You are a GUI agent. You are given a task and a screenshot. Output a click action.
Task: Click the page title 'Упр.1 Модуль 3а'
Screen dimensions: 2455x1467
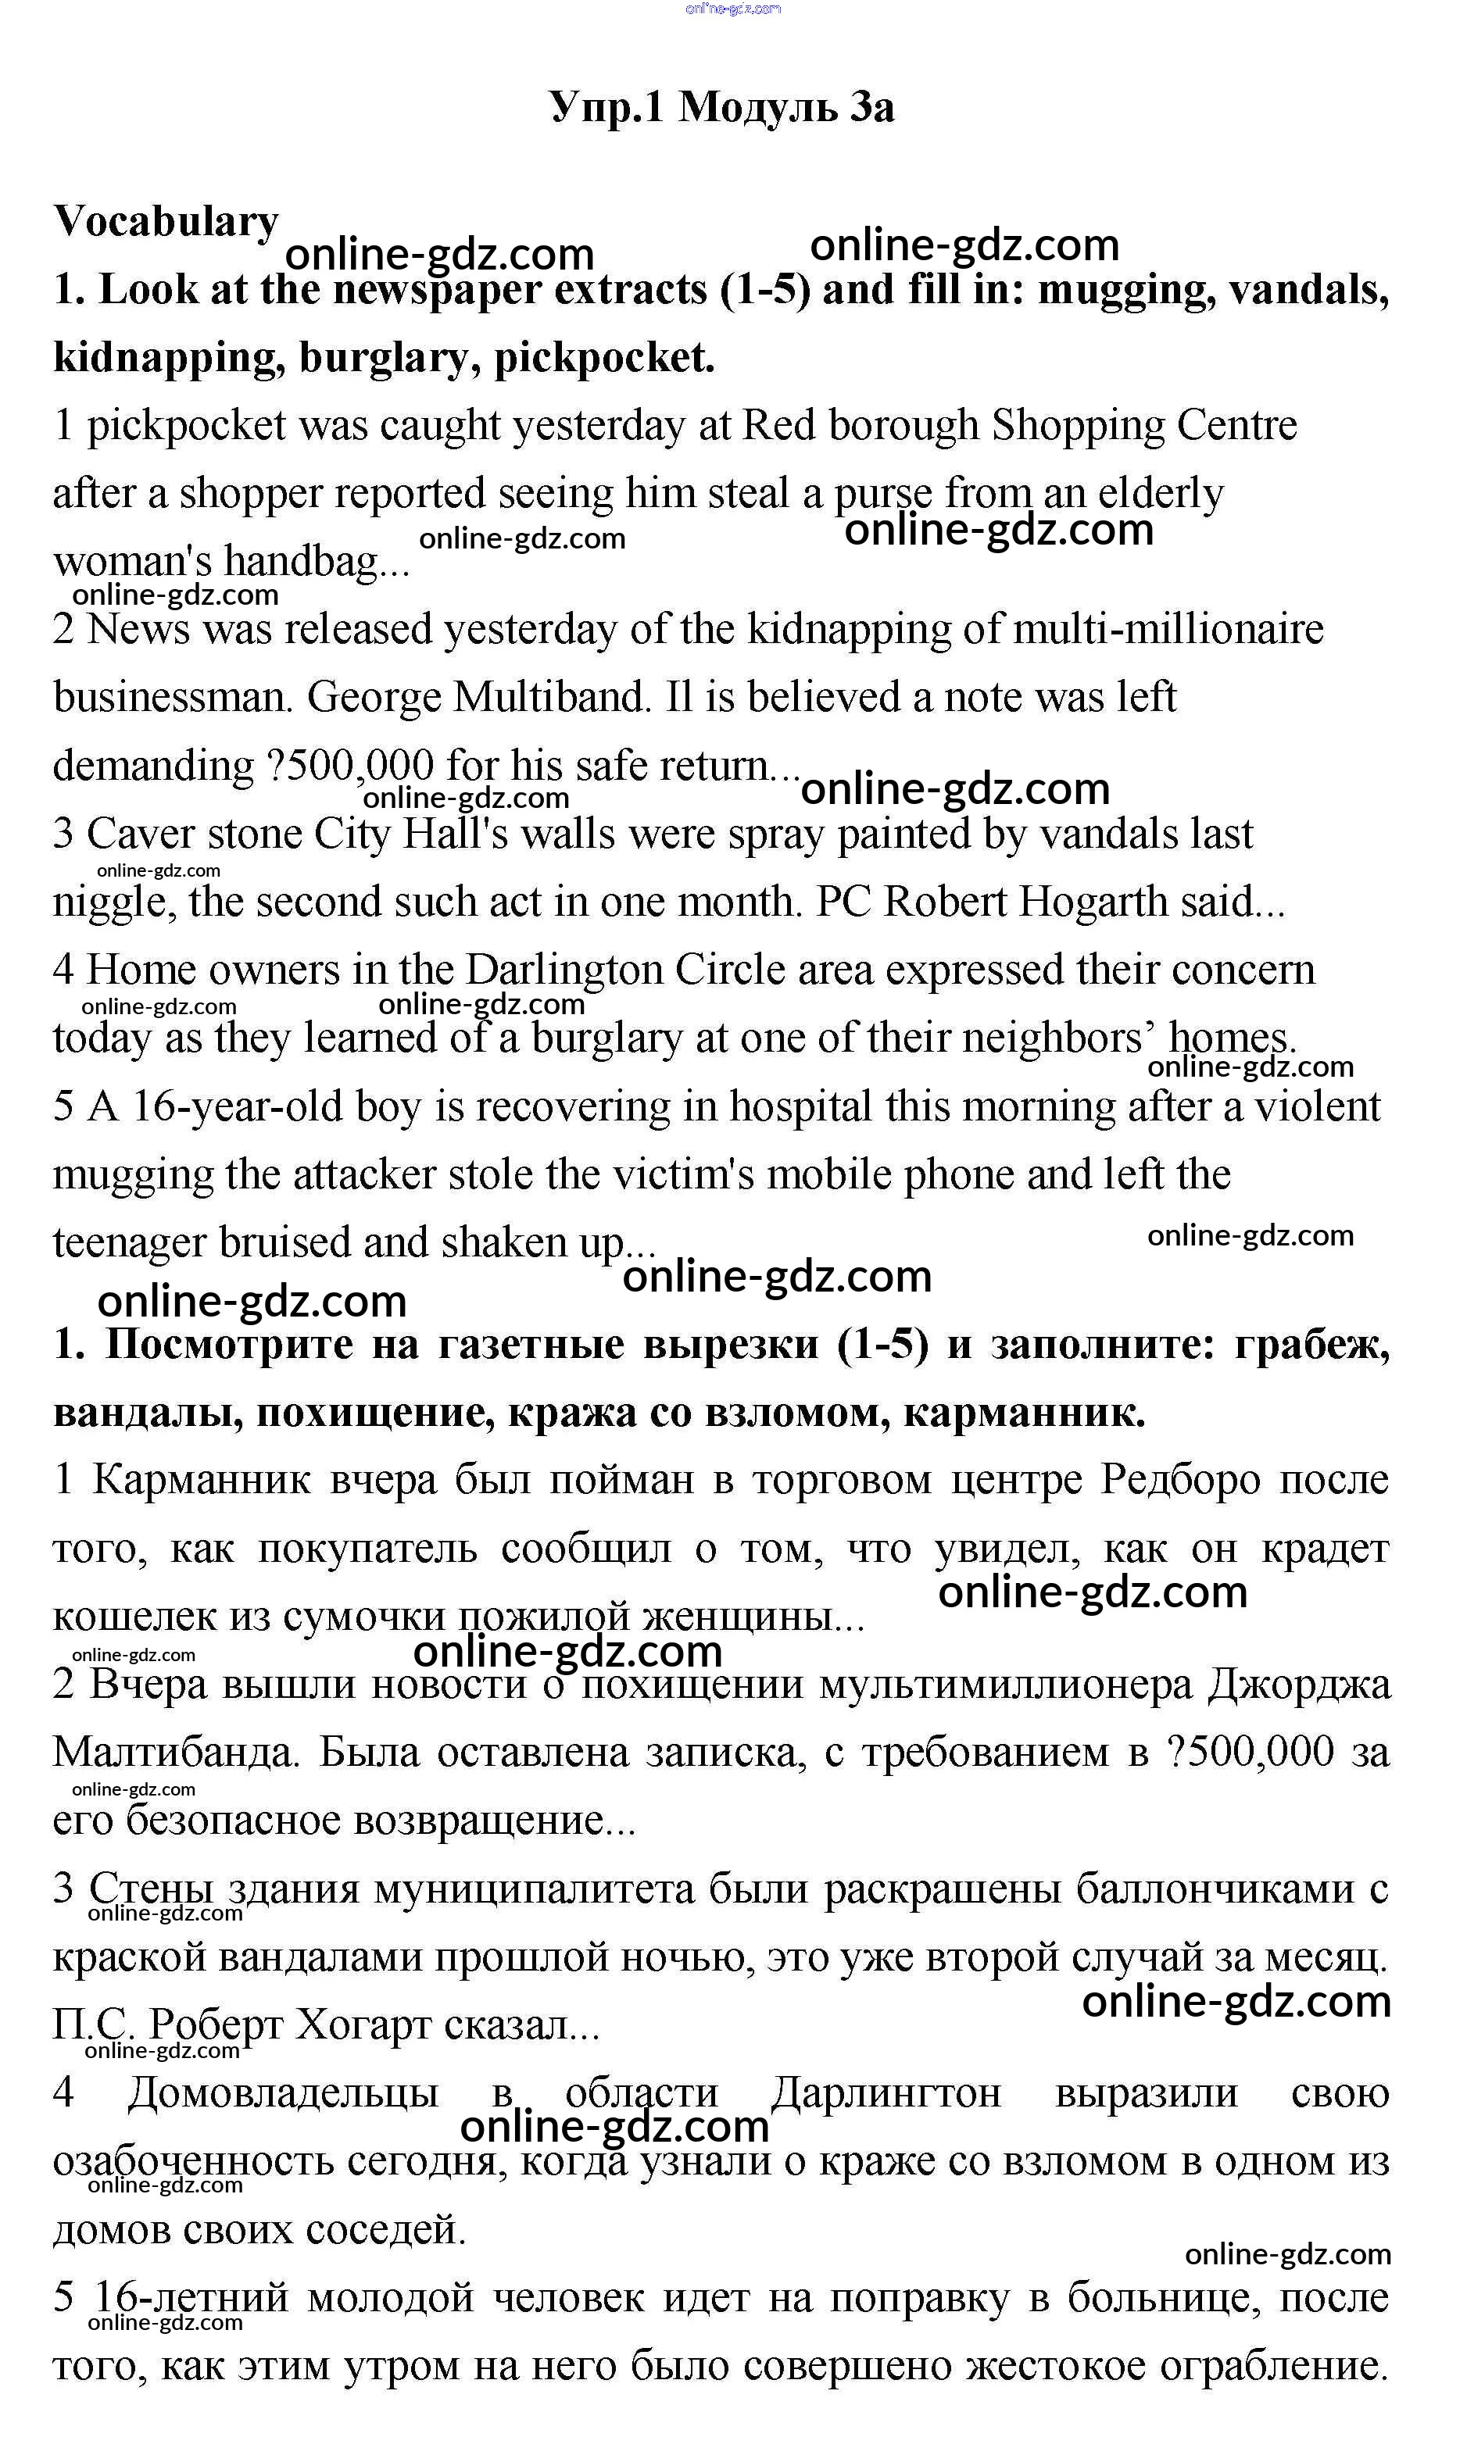coord(721,107)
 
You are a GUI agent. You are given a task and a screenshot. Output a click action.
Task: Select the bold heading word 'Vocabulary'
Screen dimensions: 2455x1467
coord(166,221)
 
